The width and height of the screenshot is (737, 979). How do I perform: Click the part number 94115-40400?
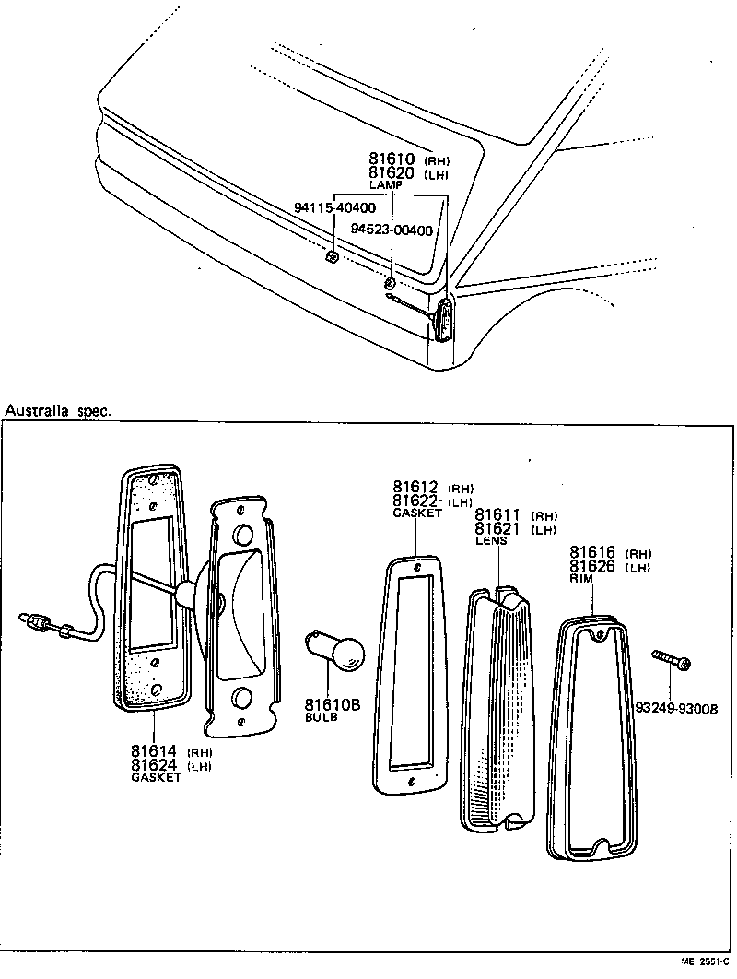pyautogui.click(x=334, y=208)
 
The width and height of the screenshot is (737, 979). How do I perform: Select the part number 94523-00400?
pyautogui.click(x=392, y=230)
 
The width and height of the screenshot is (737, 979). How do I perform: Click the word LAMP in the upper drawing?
pyautogui.click(x=386, y=185)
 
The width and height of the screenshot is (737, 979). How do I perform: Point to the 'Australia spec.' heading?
pyautogui.click(x=58, y=411)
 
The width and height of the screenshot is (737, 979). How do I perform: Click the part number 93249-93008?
pyautogui.click(x=676, y=708)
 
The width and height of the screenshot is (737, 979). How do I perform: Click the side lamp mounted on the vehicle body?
pyautogui.click(x=445, y=318)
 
